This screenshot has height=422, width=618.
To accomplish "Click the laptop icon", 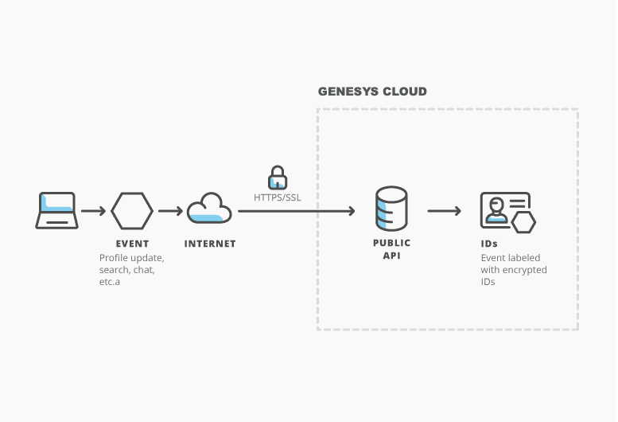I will [x=56, y=211].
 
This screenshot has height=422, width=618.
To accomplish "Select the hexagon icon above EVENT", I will [x=132, y=211].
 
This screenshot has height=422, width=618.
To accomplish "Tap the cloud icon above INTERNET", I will [x=209, y=209].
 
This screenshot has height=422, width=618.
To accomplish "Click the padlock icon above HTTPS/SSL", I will [x=277, y=178].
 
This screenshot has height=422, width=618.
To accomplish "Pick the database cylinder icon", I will [x=391, y=209].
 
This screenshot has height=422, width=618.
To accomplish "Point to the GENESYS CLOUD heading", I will [x=372, y=92].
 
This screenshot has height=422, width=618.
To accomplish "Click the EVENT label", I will [x=132, y=244].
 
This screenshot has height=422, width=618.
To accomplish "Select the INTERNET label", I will [x=210, y=244].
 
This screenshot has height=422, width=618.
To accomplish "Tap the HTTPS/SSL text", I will [x=277, y=196].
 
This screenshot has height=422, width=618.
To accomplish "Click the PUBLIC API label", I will [x=391, y=250].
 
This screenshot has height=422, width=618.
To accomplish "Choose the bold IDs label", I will [x=490, y=244].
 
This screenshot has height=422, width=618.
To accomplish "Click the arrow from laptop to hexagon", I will [x=93, y=211].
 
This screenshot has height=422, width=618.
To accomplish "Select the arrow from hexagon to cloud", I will [x=170, y=211].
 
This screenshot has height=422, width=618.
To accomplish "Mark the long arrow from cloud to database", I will [x=296, y=211].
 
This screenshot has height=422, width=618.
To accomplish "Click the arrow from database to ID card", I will [x=444, y=211].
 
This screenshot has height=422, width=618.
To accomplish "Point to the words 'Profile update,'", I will [x=131, y=258].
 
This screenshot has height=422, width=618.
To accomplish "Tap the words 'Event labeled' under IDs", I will [x=509, y=258].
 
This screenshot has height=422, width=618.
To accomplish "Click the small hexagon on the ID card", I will [x=523, y=222].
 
